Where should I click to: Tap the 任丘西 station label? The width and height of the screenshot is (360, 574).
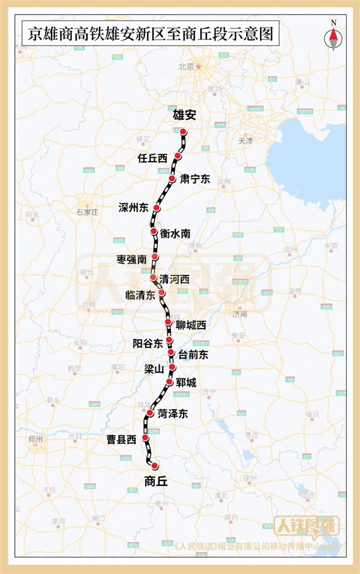pos(151,158)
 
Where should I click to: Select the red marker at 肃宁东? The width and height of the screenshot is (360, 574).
pos(172,179)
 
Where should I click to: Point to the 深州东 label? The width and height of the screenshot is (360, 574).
pos(133,208)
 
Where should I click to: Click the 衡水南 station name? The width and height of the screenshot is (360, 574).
pos(176,234)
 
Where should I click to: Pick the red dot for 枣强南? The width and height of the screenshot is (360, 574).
pos(155,257)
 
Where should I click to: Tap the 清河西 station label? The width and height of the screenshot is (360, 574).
pos(174,279)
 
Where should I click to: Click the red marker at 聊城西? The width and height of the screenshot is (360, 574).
pos(169,322)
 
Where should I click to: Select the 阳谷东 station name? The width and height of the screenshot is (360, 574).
pos(148,344)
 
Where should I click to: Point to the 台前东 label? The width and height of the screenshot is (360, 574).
pos(193,355)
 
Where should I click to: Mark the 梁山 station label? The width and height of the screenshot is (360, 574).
pos(154,368)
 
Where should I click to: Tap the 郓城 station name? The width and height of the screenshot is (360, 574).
pos(187,382)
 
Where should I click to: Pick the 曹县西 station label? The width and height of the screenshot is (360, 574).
pos(122,440)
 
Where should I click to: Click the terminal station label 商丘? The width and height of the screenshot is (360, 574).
pos(157,480)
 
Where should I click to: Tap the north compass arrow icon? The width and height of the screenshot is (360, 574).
pos(334,37)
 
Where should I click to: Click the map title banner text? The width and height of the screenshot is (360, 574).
pos(147,34)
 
